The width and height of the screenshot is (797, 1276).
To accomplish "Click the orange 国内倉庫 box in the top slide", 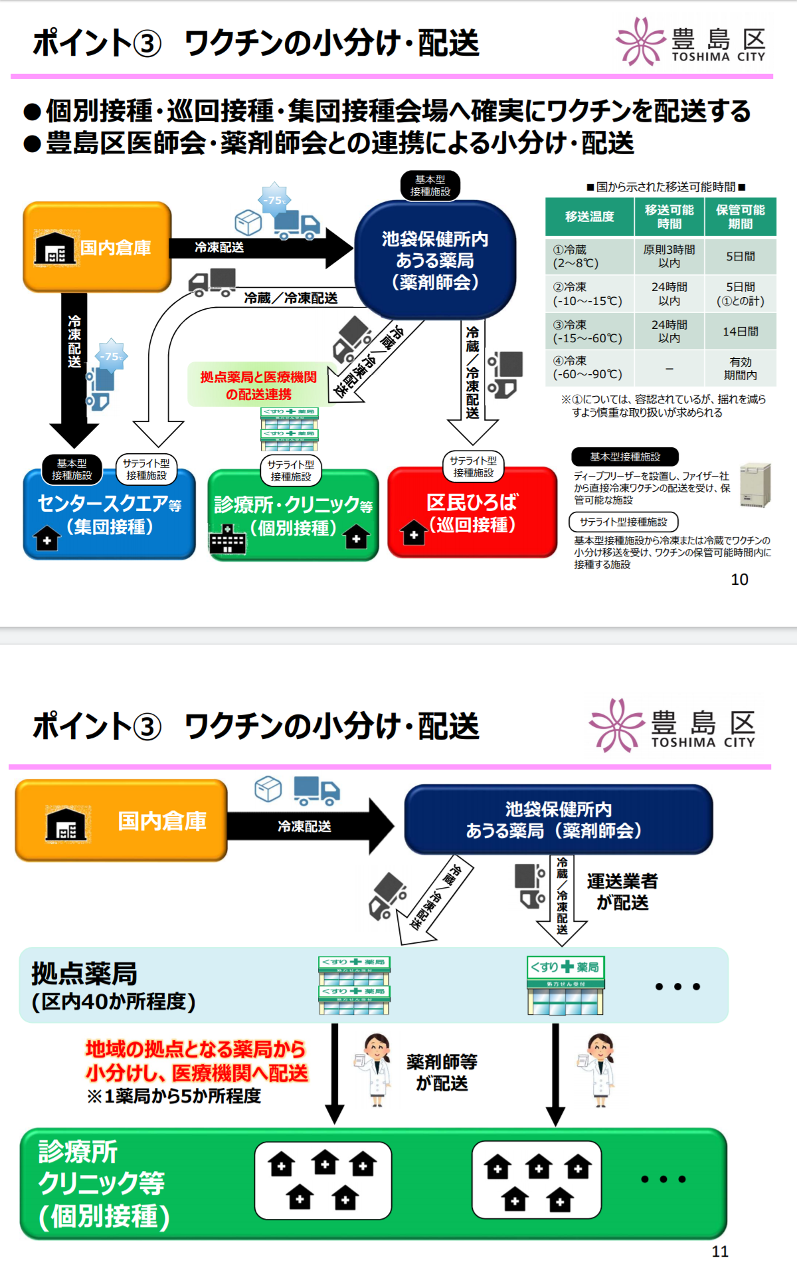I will (x=97, y=247).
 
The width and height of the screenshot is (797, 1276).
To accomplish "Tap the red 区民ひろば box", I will (x=472, y=513).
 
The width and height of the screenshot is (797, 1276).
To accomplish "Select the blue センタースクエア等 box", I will (x=110, y=515).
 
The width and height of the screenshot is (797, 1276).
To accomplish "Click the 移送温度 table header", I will (x=589, y=217).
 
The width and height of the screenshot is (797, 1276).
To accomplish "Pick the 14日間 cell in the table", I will (x=740, y=331).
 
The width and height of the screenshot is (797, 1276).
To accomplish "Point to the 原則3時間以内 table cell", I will (x=669, y=256).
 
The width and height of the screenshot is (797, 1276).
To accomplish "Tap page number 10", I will (x=739, y=580).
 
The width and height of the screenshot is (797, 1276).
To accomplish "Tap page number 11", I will (x=720, y=1251).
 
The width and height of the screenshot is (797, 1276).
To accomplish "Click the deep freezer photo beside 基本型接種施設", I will (x=756, y=484).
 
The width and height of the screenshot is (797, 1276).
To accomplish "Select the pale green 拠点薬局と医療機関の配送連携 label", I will (x=258, y=385).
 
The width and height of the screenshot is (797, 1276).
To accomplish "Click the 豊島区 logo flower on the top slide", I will (x=640, y=41).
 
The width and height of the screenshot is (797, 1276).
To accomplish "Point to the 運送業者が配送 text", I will (x=622, y=892).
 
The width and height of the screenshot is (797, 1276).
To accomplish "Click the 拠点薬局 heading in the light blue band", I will (x=84, y=974).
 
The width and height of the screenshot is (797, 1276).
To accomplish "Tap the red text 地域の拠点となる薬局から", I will (x=195, y=1049).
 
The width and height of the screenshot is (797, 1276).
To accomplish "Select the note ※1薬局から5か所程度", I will (x=174, y=1096).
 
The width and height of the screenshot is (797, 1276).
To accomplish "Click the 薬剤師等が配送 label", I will (x=442, y=1072).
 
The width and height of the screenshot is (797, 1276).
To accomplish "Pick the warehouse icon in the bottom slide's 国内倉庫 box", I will (x=66, y=824).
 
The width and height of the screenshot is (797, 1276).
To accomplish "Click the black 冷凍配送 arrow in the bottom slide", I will (x=306, y=826).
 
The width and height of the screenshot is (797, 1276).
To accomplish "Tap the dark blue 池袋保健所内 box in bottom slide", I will (x=558, y=819).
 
